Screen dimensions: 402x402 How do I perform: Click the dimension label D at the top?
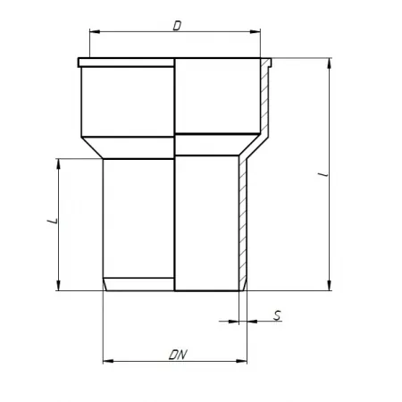[x=177, y=26]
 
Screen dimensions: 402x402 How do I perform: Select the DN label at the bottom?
[x=178, y=355]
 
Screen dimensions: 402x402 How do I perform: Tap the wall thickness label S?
[x=278, y=315]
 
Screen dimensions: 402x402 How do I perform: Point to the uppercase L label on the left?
[x=53, y=221]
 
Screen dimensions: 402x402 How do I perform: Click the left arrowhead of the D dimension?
[x=95, y=31]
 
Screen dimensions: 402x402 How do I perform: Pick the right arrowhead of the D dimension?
[x=255, y=31]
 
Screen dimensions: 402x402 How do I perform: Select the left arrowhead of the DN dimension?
[x=108, y=361]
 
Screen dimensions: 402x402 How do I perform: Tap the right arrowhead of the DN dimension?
[x=241, y=361]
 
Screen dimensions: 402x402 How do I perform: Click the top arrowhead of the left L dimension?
[x=58, y=164]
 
